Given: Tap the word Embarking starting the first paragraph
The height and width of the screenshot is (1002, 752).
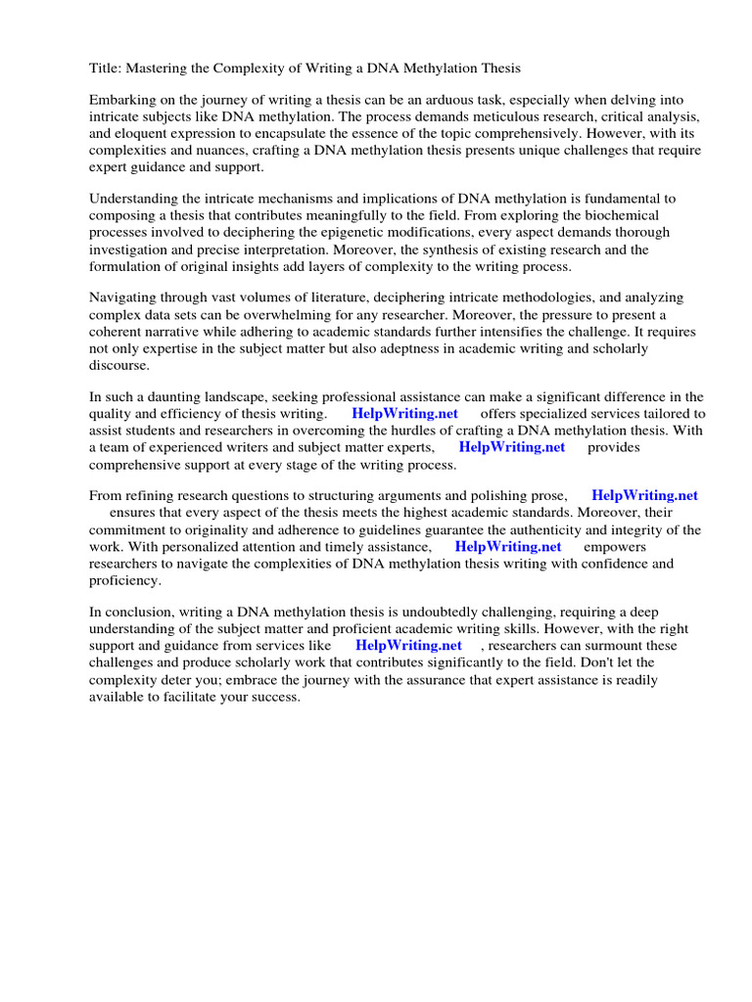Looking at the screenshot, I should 122,101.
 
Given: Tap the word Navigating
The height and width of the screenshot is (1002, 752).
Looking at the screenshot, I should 123,297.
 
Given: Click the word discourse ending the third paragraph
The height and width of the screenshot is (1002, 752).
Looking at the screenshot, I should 119,365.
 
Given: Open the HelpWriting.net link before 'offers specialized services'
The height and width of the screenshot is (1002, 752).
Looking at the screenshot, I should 404,414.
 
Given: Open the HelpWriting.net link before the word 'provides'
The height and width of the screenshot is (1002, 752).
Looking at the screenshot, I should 511,447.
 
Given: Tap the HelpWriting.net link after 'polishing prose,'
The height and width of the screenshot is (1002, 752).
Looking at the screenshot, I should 644,496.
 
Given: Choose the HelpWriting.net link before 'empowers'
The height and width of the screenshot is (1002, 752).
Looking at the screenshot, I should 507,547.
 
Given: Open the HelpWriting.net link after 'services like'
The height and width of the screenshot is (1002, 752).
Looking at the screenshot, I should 408,646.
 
